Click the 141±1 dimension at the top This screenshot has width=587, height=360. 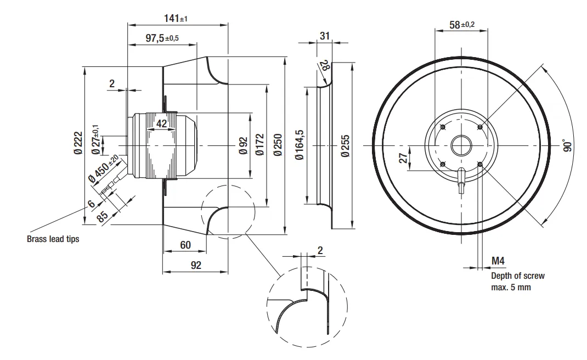coord(176,19)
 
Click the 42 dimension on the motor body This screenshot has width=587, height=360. coord(161,123)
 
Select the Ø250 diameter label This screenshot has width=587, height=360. coord(278,145)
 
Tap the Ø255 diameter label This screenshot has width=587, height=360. coord(344,146)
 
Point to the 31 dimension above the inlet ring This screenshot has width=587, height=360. coord(325,36)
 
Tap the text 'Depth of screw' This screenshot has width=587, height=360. coord(517,276)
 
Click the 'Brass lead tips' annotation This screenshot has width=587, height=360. coord(53,239)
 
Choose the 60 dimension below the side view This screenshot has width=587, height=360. coord(185,245)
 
